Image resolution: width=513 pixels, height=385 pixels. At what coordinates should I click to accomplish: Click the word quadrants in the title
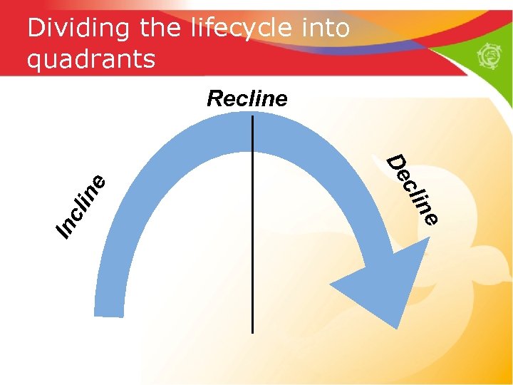coord(90,59)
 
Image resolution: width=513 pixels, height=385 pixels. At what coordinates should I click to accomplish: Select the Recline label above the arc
coord(247,98)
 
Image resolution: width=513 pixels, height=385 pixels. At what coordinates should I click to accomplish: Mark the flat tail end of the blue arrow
coord(109,312)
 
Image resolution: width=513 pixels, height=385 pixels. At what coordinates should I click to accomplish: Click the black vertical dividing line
coord(252,235)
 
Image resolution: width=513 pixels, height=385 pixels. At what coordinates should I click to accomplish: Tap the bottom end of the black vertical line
coord(252,332)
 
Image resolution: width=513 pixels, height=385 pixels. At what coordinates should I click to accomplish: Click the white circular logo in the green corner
coord(492,56)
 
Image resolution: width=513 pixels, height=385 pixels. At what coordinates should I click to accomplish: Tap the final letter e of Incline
coord(100,182)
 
